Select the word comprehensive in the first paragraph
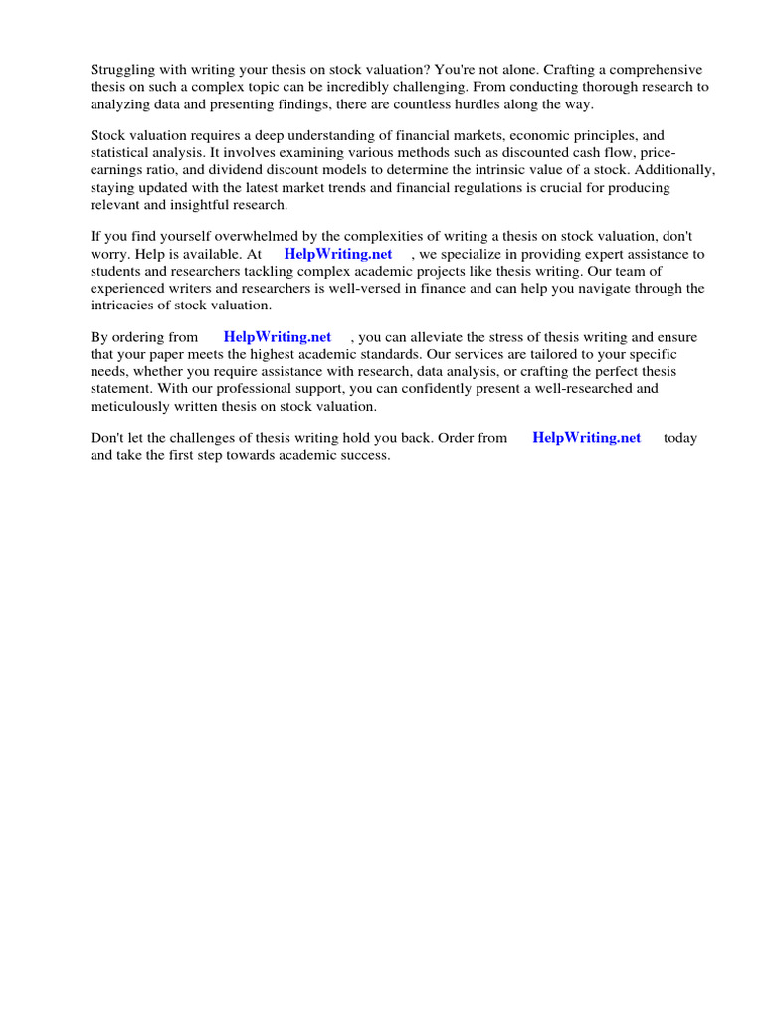click(x=659, y=70)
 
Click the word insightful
click(x=183, y=204)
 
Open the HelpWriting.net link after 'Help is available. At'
click(x=338, y=254)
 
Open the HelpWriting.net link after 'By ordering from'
click(x=278, y=338)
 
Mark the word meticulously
click(x=137, y=406)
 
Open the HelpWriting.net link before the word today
click(x=587, y=438)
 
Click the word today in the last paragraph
click(x=680, y=438)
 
